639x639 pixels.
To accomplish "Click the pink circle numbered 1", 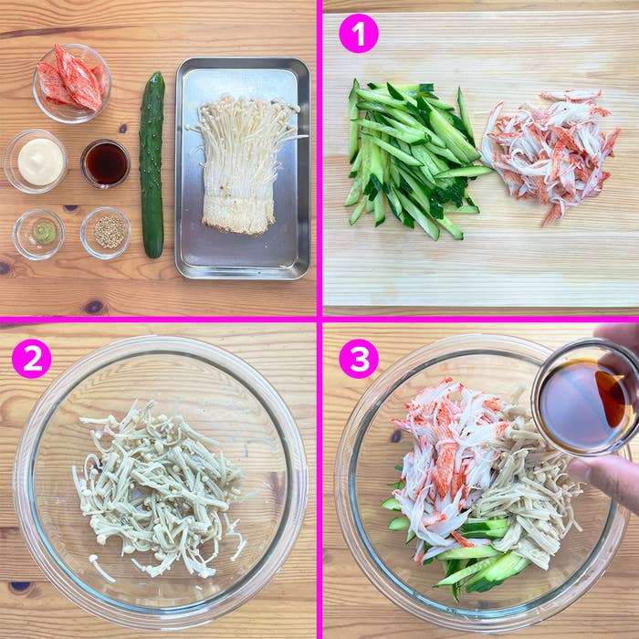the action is (359, 34).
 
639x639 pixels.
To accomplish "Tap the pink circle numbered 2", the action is (32, 359).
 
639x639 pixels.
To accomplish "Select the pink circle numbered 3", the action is (359, 359).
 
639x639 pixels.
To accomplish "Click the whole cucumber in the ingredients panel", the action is (152, 164).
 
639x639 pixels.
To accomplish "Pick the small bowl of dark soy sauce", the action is (106, 163).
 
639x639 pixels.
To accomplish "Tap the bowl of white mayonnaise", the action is (36, 161).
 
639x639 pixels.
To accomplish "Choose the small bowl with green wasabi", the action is (38, 235).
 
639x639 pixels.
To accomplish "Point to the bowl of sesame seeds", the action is (106, 233).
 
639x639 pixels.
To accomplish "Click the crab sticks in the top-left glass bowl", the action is (72, 81).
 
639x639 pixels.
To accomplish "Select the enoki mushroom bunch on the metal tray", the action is (244, 165).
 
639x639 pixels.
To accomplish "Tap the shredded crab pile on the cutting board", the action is (550, 155).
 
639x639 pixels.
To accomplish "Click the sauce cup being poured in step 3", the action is (585, 398).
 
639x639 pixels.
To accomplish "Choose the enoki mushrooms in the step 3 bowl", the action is (526, 501).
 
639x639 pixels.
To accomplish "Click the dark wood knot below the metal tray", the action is (94, 307).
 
